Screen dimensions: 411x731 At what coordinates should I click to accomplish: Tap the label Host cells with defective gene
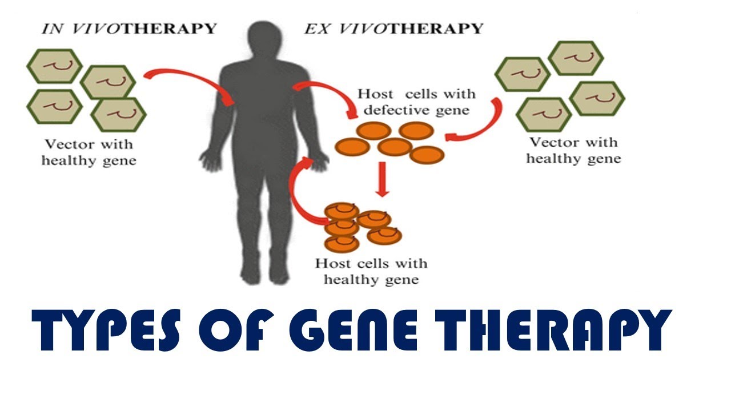pos(416,102)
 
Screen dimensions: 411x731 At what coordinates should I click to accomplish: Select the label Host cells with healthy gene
pos(371,272)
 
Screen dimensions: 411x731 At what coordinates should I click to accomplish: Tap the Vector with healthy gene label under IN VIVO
pos(89,152)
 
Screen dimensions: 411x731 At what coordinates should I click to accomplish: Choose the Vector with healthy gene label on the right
pos(573,150)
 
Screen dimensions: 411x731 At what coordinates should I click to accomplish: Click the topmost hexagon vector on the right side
pos(576,58)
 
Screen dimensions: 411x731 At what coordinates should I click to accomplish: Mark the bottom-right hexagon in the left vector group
pos(118,114)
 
